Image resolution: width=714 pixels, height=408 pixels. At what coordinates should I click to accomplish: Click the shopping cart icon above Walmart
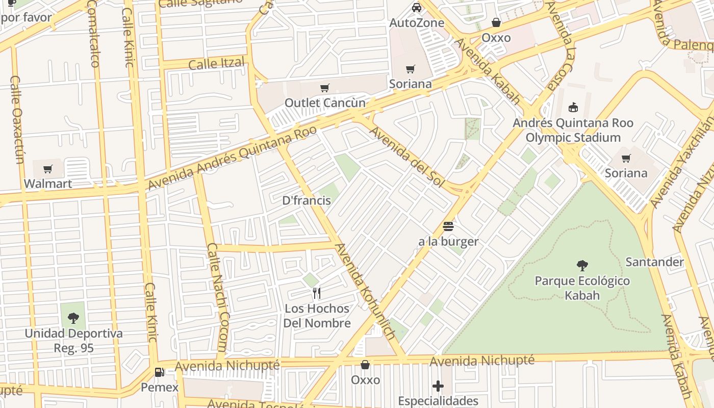[48, 169]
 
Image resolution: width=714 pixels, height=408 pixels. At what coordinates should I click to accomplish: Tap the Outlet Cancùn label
[325, 103]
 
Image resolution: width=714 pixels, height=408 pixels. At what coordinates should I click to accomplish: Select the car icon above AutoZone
[417, 8]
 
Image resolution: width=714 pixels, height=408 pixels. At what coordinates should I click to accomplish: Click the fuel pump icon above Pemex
[160, 372]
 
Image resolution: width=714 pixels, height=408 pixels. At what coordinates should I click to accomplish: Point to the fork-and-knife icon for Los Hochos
[317, 293]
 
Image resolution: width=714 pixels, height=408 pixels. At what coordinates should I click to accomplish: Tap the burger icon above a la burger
[448, 226]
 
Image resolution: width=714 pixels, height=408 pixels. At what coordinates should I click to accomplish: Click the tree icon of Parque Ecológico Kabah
[582, 266]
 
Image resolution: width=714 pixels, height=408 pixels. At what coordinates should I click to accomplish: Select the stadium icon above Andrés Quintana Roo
[573, 108]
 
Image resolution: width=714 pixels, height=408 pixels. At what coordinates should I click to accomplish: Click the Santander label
[654, 262]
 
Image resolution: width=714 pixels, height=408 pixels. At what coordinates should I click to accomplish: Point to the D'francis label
[307, 200]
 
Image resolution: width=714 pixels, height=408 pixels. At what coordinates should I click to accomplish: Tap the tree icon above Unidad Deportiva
[73, 319]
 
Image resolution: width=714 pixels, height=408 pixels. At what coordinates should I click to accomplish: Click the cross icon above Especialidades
[438, 386]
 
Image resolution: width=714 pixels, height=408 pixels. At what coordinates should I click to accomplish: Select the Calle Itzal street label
[216, 64]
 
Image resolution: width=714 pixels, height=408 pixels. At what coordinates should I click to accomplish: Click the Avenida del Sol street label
[406, 156]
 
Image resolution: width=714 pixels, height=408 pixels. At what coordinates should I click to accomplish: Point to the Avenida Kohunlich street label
[365, 292]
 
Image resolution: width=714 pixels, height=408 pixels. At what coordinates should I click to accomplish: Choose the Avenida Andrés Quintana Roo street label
[232, 157]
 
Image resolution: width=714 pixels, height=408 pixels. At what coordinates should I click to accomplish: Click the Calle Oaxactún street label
[17, 120]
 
